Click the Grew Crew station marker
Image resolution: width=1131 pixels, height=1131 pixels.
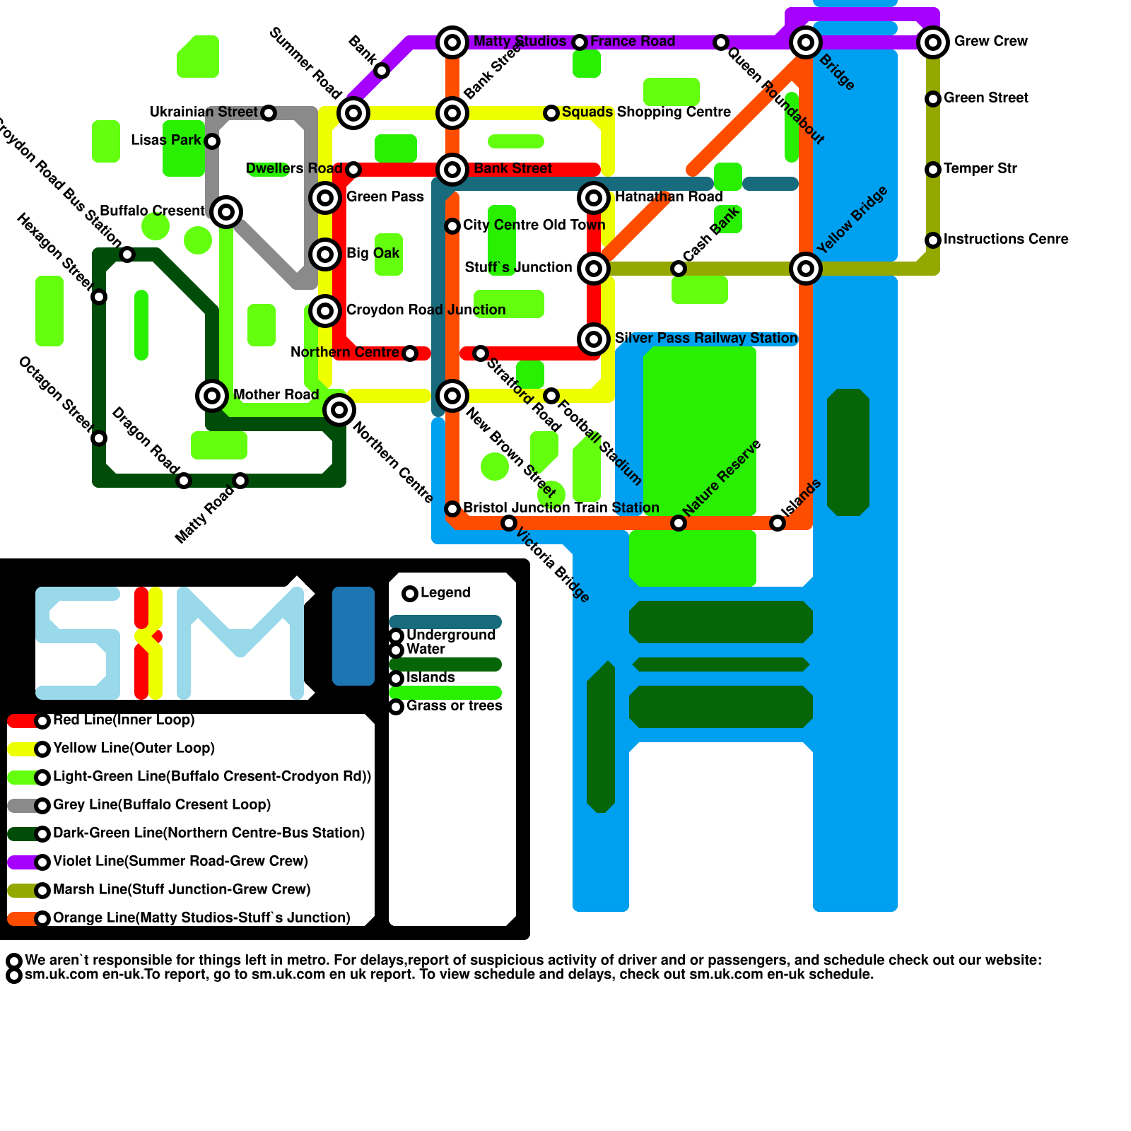(x=933, y=42)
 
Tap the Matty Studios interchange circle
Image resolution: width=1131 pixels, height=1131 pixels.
(x=452, y=42)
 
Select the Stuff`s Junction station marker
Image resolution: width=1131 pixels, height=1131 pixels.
(x=594, y=269)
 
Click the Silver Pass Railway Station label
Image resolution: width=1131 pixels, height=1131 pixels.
(x=706, y=339)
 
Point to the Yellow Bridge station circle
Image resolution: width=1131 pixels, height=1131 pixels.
(x=806, y=269)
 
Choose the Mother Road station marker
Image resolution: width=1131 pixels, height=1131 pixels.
(x=212, y=396)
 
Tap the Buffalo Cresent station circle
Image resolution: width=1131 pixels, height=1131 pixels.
(x=226, y=211)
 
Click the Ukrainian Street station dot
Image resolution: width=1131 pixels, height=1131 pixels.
(x=269, y=113)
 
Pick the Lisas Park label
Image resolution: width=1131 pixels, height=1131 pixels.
(x=166, y=141)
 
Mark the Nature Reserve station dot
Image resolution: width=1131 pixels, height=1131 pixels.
(x=679, y=523)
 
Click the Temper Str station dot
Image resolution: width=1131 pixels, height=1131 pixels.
(x=933, y=170)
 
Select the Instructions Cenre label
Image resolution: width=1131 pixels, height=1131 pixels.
(x=1006, y=240)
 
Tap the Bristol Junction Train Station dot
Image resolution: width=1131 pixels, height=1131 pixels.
(x=452, y=509)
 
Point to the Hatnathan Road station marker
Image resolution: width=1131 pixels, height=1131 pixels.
(x=594, y=198)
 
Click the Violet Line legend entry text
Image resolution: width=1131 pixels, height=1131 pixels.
(x=181, y=862)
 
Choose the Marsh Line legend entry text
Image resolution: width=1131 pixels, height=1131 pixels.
(x=182, y=890)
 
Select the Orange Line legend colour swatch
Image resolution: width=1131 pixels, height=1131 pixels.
(x=21, y=919)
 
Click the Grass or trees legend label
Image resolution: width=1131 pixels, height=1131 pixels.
(x=455, y=706)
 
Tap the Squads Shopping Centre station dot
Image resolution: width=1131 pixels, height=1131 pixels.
(x=551, y=113)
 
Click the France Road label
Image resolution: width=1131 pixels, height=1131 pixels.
(x=633, y=42)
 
